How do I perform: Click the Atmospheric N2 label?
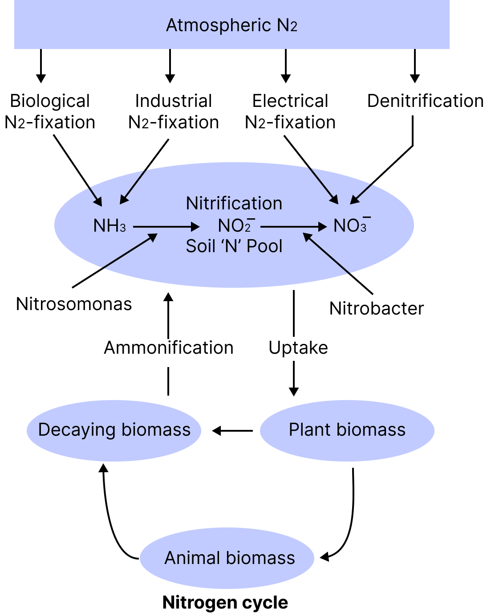click(x=231, y=25)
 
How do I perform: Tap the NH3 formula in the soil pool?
click(x=110, y=226)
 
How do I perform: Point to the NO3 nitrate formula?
click(x=351, y=226)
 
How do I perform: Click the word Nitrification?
click(x=234, y=204)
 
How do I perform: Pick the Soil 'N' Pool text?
click(x=234, y=246)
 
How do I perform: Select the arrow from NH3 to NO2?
click(x=166, y=227)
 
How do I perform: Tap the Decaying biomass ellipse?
click(x=114, y=430)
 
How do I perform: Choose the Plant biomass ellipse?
click(x=347, y=430)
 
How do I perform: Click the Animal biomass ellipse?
click(x=227, y=558)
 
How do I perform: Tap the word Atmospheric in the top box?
click(x=219, y=25)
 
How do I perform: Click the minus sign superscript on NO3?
click(x=367, y=218)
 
